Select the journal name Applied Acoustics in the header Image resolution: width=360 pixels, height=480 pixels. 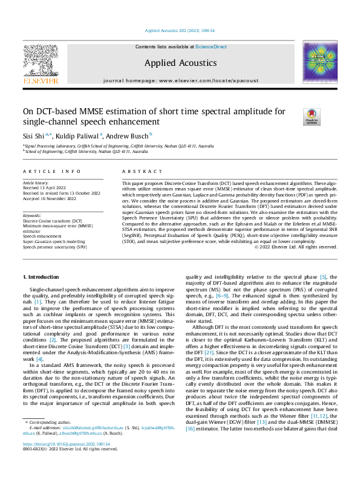(180, 62)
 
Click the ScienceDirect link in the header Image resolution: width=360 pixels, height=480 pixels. (211, 47)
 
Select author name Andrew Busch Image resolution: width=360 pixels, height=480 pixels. (129, 135)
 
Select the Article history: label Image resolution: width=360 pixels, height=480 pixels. (37, 182)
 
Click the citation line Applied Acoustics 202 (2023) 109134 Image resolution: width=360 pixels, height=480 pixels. (180, 31)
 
